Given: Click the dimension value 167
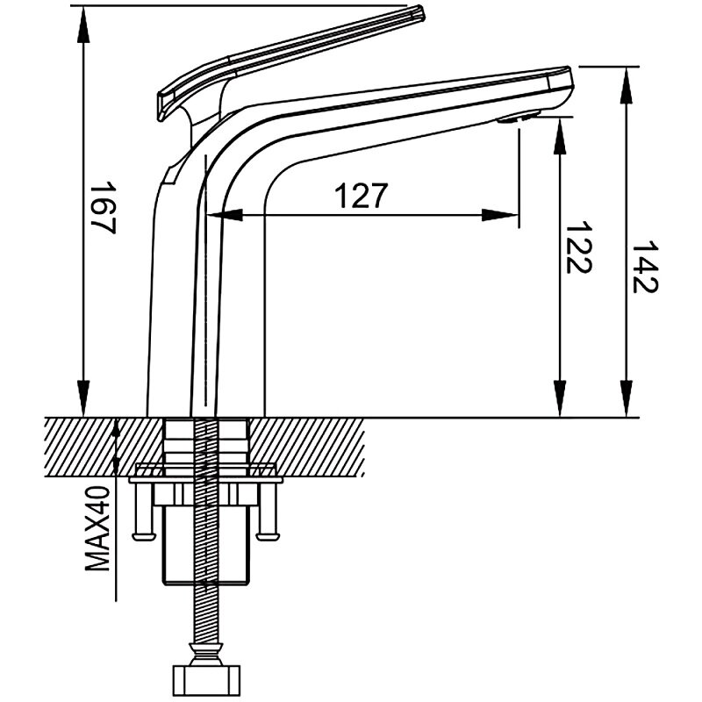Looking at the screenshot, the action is [104, 208].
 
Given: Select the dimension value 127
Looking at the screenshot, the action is [361, 196].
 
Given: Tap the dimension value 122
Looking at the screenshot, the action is [579, 247].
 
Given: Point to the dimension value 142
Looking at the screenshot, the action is [645, 267].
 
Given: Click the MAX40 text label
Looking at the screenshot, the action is [97, 529].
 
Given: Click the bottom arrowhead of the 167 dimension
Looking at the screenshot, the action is [83, 398].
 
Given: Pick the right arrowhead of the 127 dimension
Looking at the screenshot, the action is [500, 215].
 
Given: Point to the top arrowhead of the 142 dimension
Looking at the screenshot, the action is [627, 85].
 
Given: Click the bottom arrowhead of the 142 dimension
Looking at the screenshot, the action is [627, 398].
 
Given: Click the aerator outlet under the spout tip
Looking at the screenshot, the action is [519, 118].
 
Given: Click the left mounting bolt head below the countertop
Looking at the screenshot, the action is [144, 535].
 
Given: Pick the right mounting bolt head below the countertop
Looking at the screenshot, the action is [268, 535].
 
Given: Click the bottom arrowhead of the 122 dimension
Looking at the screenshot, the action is [560, 398].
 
